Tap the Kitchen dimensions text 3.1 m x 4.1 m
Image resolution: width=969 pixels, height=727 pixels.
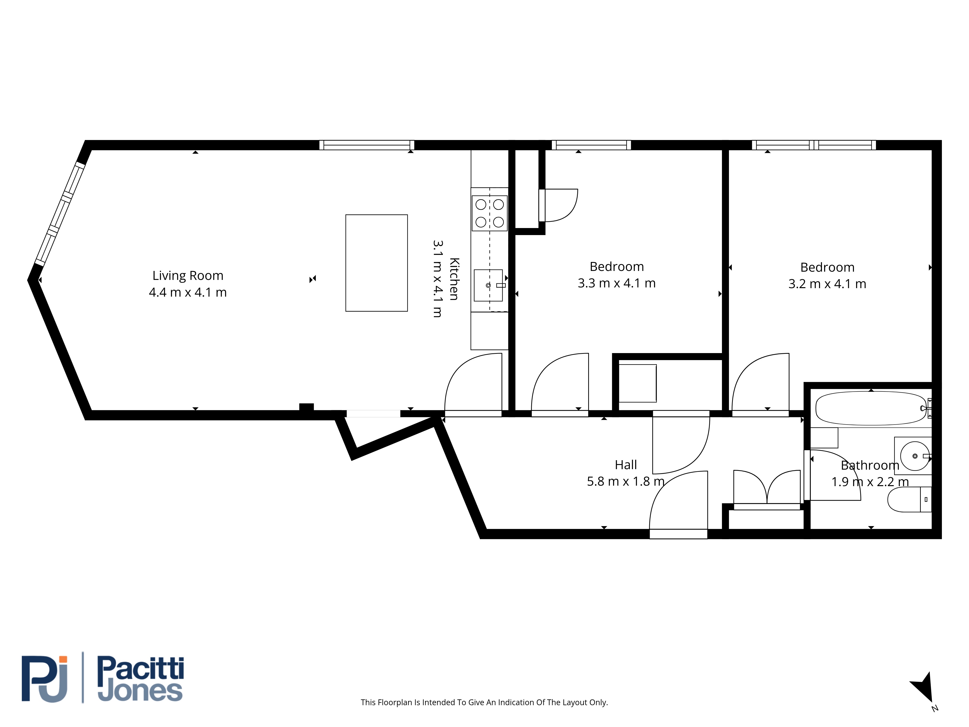pos(438,279)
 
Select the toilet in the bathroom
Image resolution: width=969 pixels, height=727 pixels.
pos(909,499)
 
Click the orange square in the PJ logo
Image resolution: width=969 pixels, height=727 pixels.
pos(63,660)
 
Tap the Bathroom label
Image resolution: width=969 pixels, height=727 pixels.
pos(870,465)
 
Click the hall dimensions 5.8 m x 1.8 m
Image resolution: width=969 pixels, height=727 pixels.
pos(625,481)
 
